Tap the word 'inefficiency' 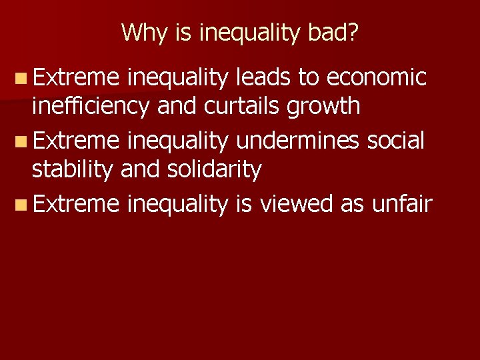(92, 107)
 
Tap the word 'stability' (73, 170)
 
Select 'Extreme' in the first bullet (75, 78)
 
